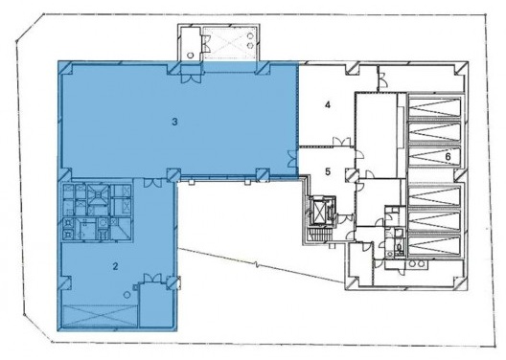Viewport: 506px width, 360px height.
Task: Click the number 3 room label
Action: pyautogui.click(x=175, y=122)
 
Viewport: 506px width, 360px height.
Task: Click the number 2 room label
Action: pyautogui.click(x=115, y=266)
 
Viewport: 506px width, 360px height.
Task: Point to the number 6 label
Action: pyautogui.click(x=447, y=154)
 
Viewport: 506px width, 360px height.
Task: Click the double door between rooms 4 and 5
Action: pyautogui.click(x=337, y=143)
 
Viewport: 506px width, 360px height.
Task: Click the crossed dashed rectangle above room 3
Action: pyautogui.click(x=228, y=44)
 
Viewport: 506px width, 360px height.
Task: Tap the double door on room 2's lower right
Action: pyautogui.click(x=149, y=280)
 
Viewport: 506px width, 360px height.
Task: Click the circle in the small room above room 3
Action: pyautogui.click(x=190, y=56)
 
